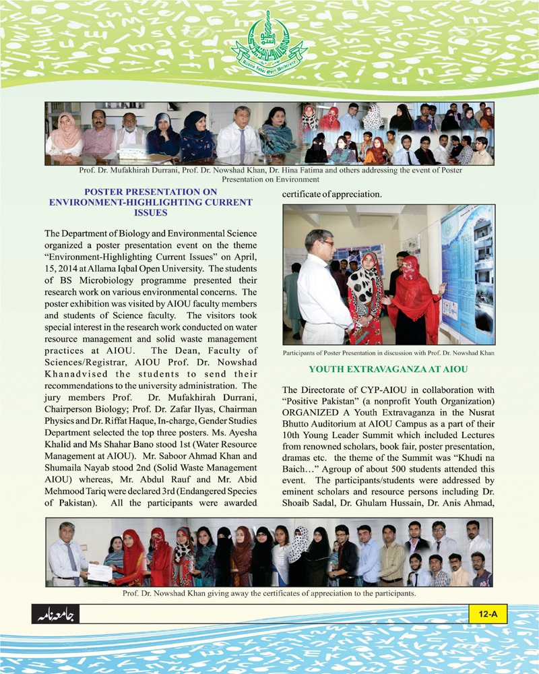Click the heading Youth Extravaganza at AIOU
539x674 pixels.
click(x=389, y=369)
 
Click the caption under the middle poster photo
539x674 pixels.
click(x=389, y=353)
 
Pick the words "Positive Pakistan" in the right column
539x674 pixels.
click(x=312, y=402)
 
